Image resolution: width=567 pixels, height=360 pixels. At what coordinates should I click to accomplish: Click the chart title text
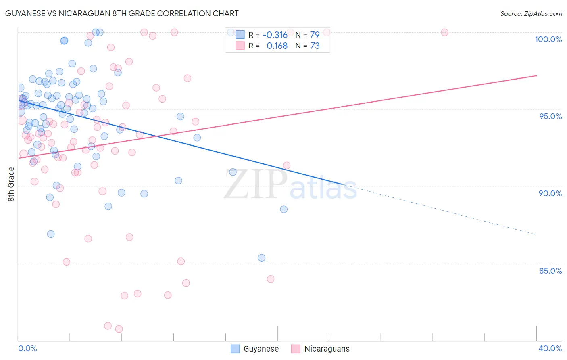(122, 13)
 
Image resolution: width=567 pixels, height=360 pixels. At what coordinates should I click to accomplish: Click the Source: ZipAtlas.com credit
(531, 13)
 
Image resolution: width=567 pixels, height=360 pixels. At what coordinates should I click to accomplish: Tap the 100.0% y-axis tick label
(548, 39)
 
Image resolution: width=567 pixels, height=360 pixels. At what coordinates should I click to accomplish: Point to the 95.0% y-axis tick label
(550, 116)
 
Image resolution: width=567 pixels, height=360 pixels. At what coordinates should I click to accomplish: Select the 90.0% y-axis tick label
(550, 193)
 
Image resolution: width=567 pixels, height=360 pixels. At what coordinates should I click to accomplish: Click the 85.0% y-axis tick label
(550, 271)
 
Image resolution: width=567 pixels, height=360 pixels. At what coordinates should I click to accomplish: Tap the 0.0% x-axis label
(27, 348)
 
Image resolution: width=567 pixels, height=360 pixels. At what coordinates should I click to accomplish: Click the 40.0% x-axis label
(550, 348)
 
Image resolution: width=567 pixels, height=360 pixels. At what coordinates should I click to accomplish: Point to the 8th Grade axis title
(11, 184)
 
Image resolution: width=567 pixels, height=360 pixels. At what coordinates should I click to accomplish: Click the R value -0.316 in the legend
(275, 35)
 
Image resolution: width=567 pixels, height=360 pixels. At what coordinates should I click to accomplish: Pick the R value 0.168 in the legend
(277, 46)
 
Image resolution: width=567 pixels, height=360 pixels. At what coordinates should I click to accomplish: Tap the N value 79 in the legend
(315, 35)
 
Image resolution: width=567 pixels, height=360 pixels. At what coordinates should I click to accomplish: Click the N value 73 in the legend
(315, 46)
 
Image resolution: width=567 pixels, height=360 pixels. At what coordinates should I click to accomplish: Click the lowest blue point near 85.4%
(261, 258)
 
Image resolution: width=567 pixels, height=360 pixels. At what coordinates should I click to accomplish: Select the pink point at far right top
(444, 32)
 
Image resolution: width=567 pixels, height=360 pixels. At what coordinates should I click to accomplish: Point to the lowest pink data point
(119, 329)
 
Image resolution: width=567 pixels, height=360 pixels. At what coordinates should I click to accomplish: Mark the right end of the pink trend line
(536, 76)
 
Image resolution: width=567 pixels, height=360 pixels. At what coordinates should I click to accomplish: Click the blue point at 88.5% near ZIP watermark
(284, 209)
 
